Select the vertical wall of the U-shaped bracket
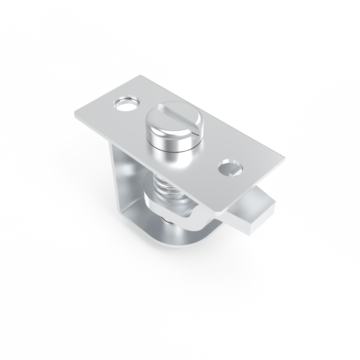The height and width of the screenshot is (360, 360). click(124, 180)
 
